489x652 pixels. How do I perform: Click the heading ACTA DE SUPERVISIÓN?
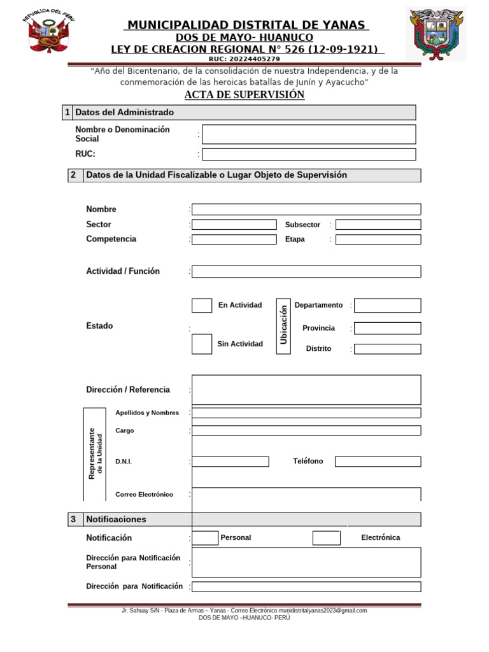pos(244,95)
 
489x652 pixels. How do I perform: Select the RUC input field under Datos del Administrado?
pos(309,154)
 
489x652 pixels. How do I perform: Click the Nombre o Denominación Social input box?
pos(309,134)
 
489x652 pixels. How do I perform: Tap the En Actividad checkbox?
pos(202,306)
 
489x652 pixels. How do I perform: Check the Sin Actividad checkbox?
pos(202,344)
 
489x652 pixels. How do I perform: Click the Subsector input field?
pos(378,225)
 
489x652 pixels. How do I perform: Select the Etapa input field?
pos(378,239)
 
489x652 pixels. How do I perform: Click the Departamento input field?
pos(387,306)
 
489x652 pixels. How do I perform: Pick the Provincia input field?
pos(387,329)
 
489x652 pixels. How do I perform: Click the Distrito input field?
pos(387,349)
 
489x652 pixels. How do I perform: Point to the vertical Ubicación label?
pos(284,326)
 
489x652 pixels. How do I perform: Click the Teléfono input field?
pos(378,462)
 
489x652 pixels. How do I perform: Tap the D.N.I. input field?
pos(230,462)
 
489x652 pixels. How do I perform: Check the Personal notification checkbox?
pos(206,538)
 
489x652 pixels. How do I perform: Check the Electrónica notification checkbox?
pos(327,538)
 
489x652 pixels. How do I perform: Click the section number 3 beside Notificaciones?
pos(74,520)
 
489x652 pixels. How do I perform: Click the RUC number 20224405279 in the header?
pos(244,59)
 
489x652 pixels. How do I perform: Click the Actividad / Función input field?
pos(306,272)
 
